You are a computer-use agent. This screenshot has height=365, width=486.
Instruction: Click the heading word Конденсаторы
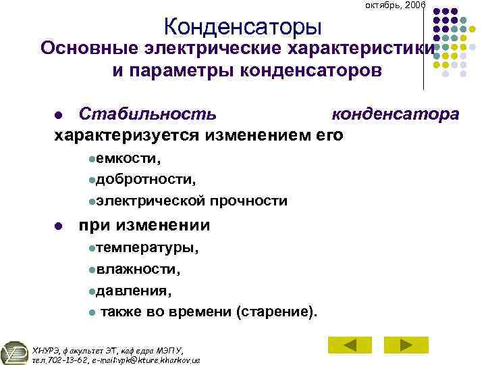242,27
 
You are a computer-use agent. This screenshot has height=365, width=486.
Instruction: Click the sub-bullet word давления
133,291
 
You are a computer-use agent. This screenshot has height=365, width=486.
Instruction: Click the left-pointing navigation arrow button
350,345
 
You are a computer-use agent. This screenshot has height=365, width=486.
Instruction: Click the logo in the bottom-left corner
15,352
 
